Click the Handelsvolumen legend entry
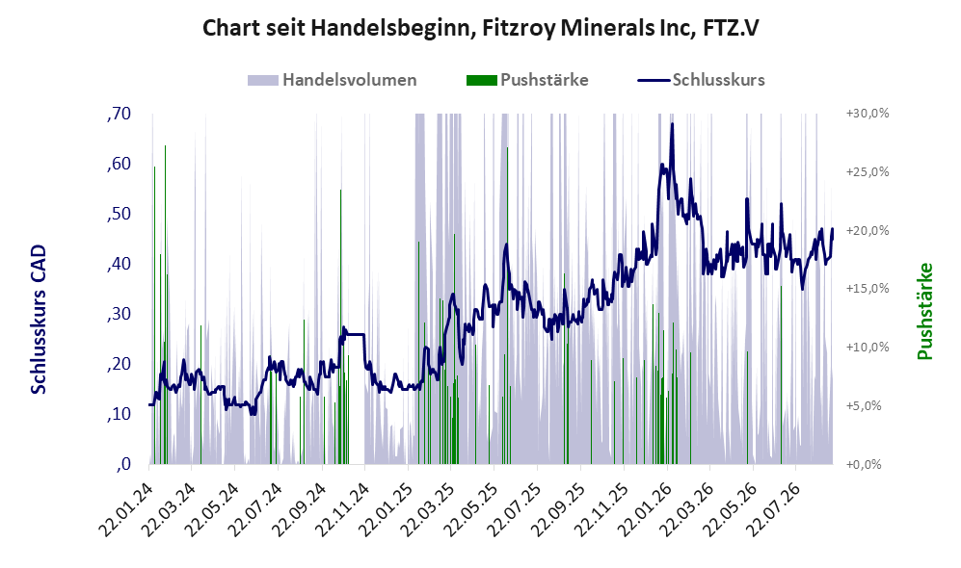pos(332,80)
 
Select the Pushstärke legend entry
pos(527,80)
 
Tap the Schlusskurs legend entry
pos(701,80)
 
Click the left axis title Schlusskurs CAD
pos(39,319)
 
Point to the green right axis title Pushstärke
pos(924,311)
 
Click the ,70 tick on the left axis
pos(119,114)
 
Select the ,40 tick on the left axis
pos(119,264)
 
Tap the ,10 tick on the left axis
pos(119,414)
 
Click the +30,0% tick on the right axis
pos(868,114)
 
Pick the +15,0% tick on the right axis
pos(868,288)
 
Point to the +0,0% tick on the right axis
pos(864,464)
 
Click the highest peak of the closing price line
pos(673,123)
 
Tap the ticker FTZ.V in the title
pos(731,28)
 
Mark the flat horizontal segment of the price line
pos(355,334)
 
